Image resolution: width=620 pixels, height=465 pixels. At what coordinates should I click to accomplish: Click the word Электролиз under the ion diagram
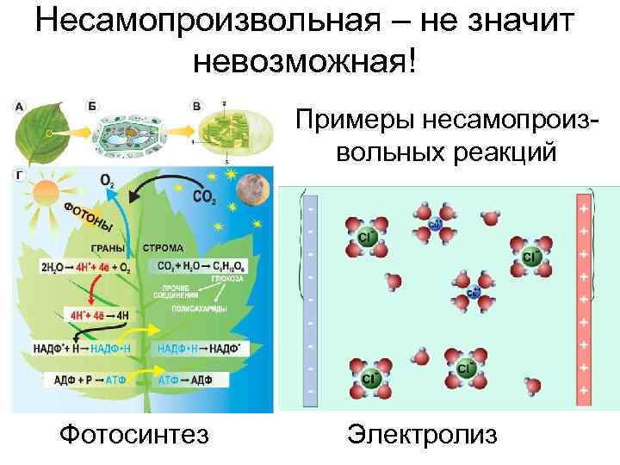[422, 434]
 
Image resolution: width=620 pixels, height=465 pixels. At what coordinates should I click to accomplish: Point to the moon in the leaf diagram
[256, 187]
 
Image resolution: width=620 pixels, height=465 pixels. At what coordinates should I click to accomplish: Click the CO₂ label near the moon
[204, 200]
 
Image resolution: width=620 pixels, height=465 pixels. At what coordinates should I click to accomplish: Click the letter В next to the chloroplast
[197, 107]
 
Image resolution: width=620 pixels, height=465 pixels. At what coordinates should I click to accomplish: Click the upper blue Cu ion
[435, 225]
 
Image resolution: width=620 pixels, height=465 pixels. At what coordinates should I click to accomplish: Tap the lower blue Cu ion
[473, 294]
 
